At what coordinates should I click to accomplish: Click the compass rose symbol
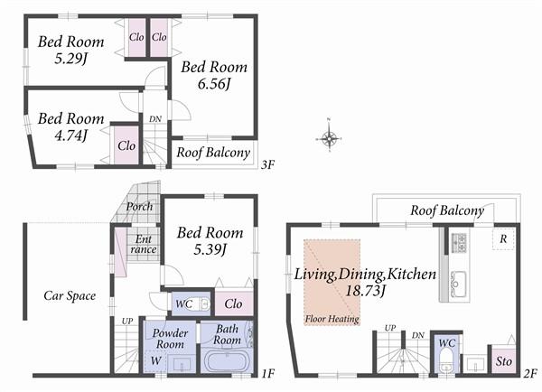pos(330,138)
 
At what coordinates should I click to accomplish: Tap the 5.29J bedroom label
pos(70,51)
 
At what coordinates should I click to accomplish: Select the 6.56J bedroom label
pos(214,75)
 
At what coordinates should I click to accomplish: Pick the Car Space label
pos(70,295)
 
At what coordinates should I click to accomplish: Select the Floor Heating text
pos(332,319)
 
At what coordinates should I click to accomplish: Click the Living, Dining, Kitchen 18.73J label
pos(361,281)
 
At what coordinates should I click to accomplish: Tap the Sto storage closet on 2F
pos(504,361)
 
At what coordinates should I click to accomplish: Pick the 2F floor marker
pos(530,371)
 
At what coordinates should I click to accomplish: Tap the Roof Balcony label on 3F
pos(213,152)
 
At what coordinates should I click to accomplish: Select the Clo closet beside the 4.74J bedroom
pos(126,145)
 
